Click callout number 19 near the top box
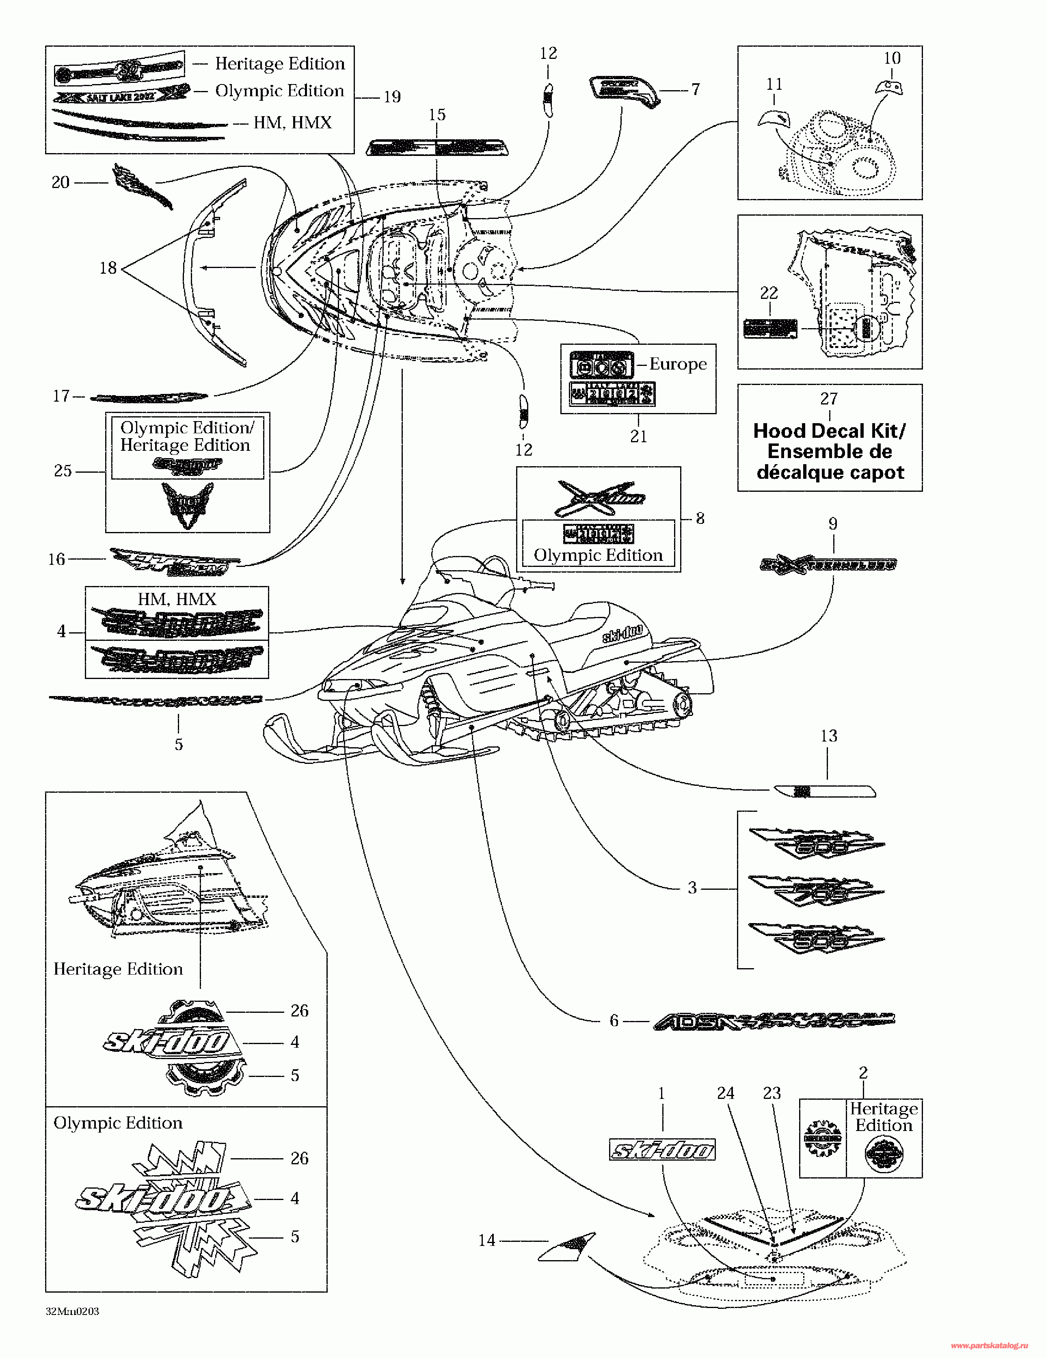392,97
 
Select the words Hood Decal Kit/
829,431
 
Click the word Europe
678,364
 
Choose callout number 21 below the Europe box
639,437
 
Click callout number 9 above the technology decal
833,524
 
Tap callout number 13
828,736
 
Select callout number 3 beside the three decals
692,888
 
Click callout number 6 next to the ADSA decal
614,1021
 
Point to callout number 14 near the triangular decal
486,1241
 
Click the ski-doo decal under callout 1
662,1150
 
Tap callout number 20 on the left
61,182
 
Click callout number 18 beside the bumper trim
108,268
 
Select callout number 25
63,471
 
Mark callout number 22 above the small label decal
769,293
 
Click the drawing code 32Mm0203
72,1311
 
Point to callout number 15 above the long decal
437,115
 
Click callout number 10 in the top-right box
892,58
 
